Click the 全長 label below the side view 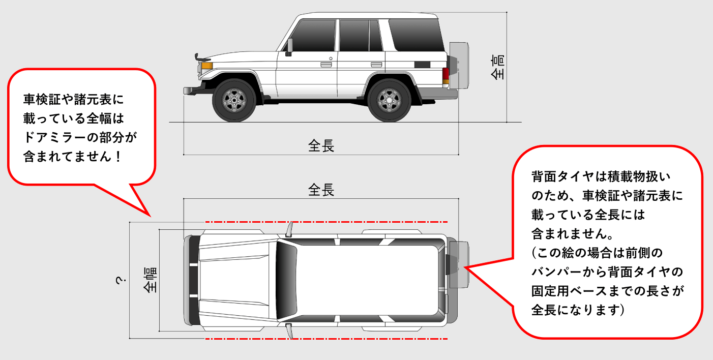pyautogui.click(x=321, y=146)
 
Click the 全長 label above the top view pyautogui.click(x=321, y=190)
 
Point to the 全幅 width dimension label pyautogui.click(x=150, y=280)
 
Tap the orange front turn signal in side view pyautogui.click(x=206, y=66)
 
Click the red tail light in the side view pyautogui.click(x=445, y=75)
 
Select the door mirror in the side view pyautogui.click(x=289, y=47)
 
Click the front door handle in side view pyautogui.click(x=326, y=65)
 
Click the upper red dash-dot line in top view pyautogui.click(x=325, y=222)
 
